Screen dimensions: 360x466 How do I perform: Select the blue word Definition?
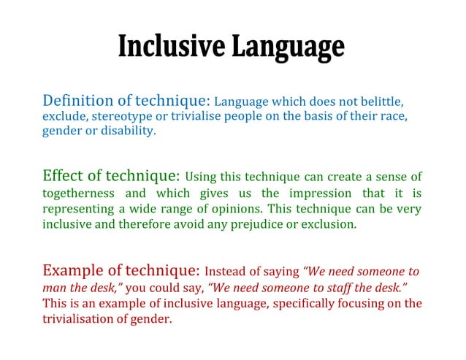(77, 100)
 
